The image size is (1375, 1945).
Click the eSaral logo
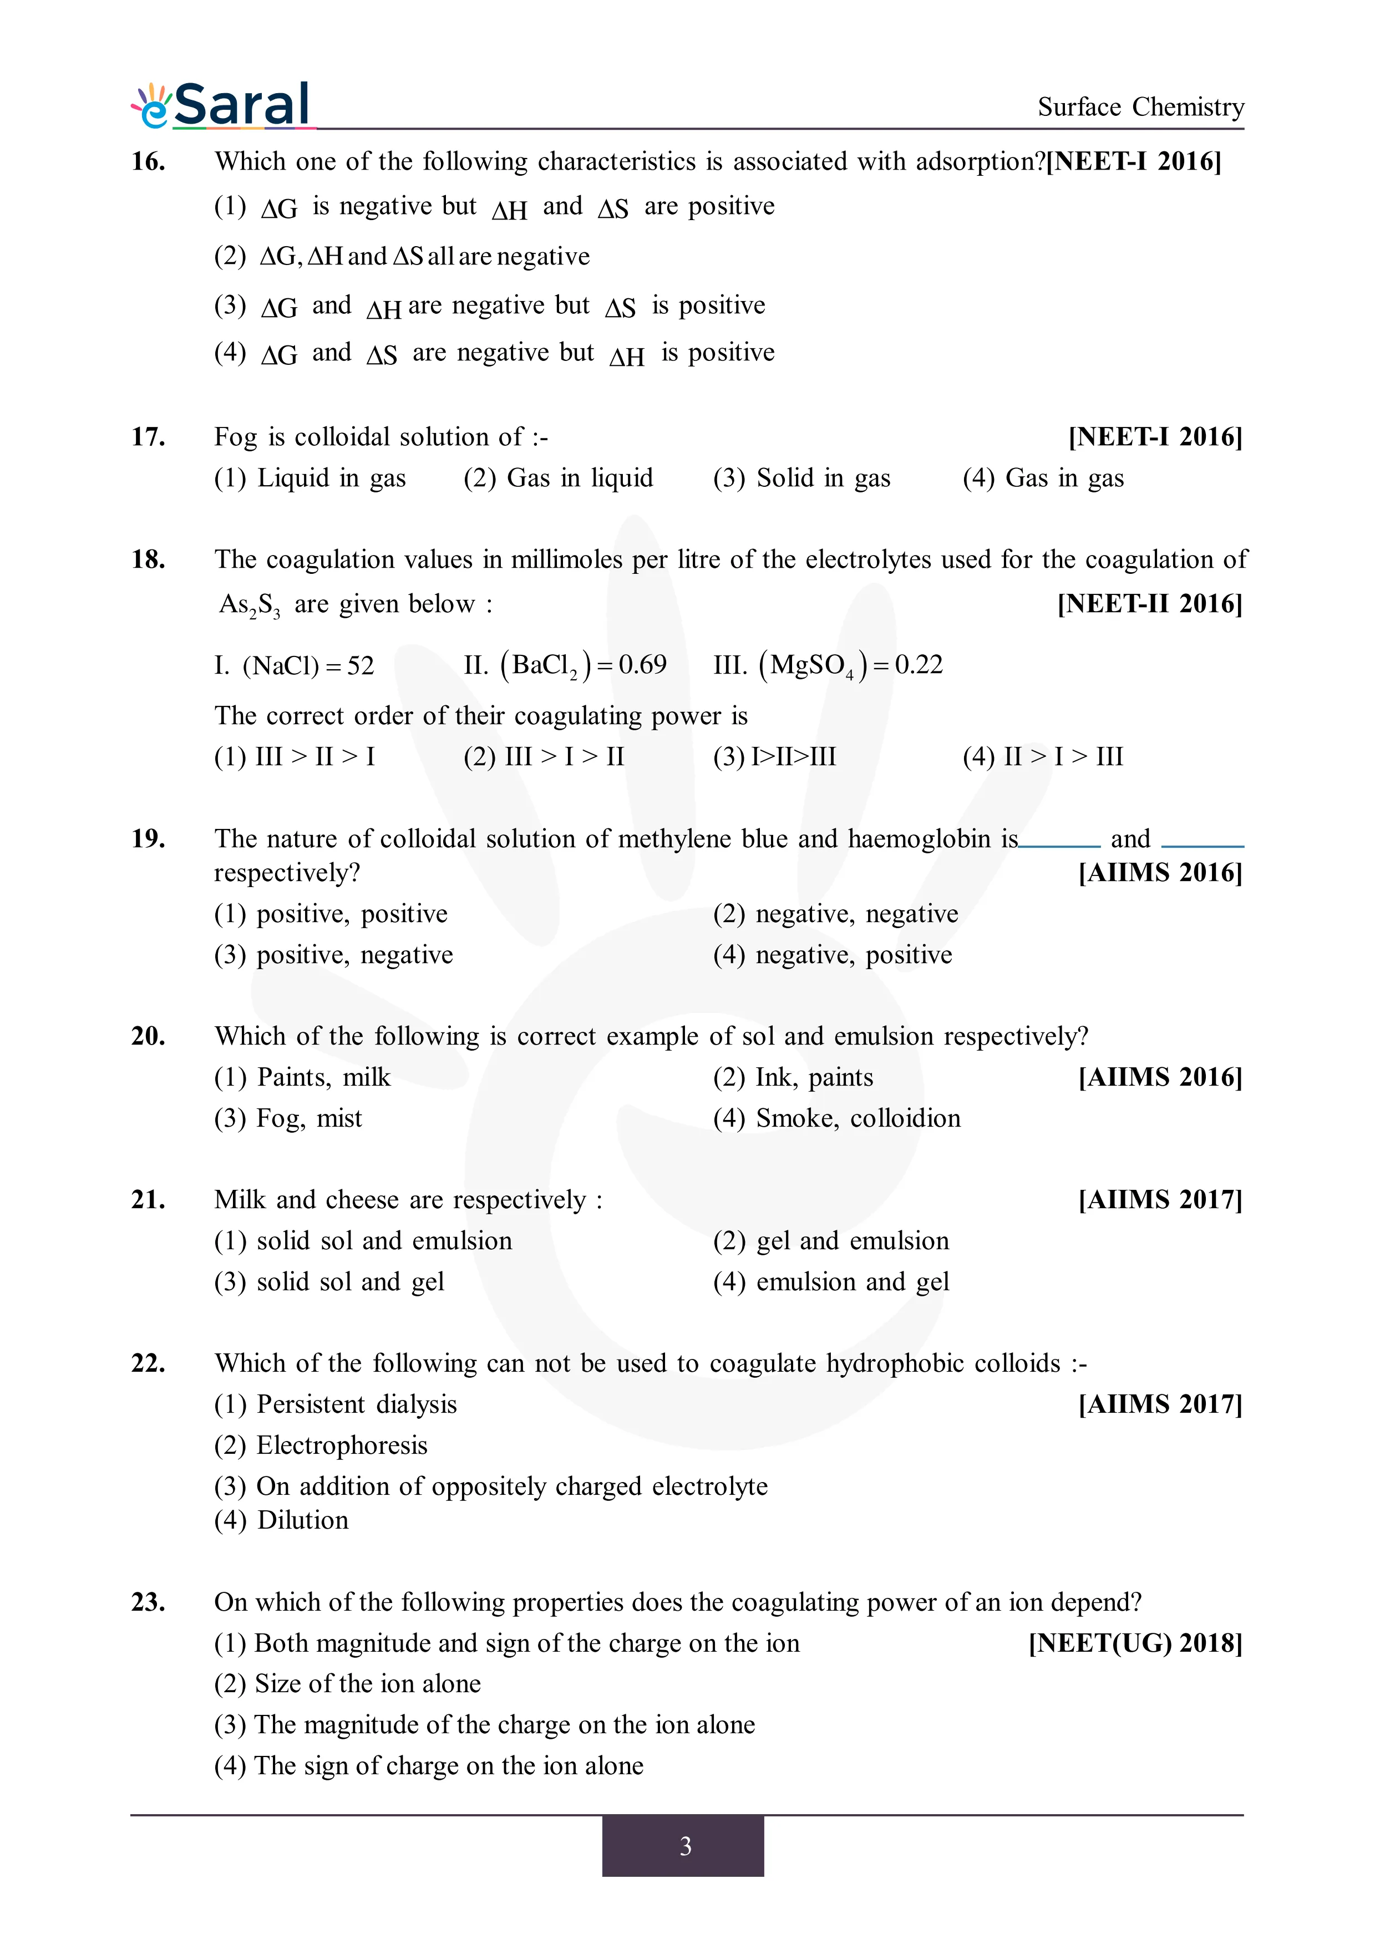pyautogui.click(x=222, y=105)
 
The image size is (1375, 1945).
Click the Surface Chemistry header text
pyautogui.click(x=1140, y=107)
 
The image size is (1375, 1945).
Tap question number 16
pyautogui.click(x=148, y=161)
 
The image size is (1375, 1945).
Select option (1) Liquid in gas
pyautogui.click(x=310, y=478)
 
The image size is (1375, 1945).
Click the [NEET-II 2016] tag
pyautogui.click(x=1150, y=604)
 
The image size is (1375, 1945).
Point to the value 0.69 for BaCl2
pyautogui.click(x=642, y=665)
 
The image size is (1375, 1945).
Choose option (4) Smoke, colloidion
pyautogui.click(x=836, y=1119)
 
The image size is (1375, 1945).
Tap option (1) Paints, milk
pyautogui.click(x=302, y=1077)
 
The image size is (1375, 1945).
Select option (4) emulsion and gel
pyautogui.click(x=830, y=1282)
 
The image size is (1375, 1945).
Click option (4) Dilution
pyautogui.click(x=281, y=1521)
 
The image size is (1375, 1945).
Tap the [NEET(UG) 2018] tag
pyautogui.click(x=1135, y=1643)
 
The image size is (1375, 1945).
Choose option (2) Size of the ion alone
pyautogui.click(x=347, y=1684)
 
